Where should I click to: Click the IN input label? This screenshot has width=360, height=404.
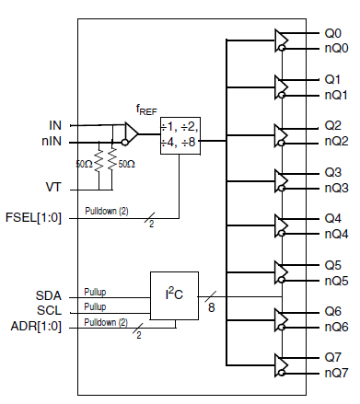(54, 124)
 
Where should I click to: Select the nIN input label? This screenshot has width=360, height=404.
(52, 142)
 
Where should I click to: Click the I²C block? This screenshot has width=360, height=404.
(174, 296)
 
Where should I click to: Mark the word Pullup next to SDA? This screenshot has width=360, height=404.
(95, 291)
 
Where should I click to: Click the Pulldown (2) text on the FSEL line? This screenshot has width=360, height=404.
(107, 211)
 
